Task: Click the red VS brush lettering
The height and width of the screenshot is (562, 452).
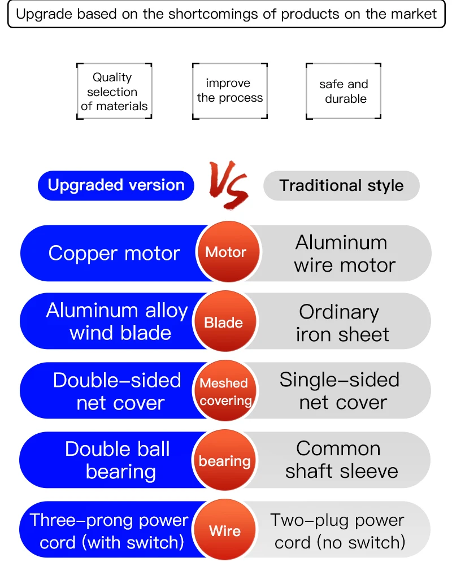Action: pyautogui.click(x=229, y=185)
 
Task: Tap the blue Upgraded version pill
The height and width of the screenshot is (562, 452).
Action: pyautogui.click(x=116, y=185)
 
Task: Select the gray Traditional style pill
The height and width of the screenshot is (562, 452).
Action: pyautogui.click(x=341, y=186)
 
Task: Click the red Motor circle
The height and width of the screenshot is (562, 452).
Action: pyautogui.click(x=229, y=252)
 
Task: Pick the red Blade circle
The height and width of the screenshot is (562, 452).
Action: pyautogui.click(x=225, y=321)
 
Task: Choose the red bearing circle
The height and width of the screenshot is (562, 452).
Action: pyautogui.click(x=225, y=460)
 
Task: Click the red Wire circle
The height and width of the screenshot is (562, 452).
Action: pyautogui.click(x=225, y=530)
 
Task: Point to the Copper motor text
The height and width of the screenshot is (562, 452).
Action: pyautogui.click(x=114, y=254)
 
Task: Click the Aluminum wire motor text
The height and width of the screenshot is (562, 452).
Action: pyautogui.click(x=344, y=254)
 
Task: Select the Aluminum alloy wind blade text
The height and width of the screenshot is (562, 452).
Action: pyautogui.click(x=117, y=321)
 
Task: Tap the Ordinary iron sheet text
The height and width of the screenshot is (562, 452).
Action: pyautogui.click(x=342, y=323)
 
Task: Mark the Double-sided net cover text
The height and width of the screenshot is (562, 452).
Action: pyautogui.click(x=117, y=391)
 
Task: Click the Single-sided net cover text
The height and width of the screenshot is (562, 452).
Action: pyautogui.click(x=340, y=391)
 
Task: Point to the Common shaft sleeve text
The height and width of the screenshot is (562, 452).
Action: pyautogui.click(x=341, y=460)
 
